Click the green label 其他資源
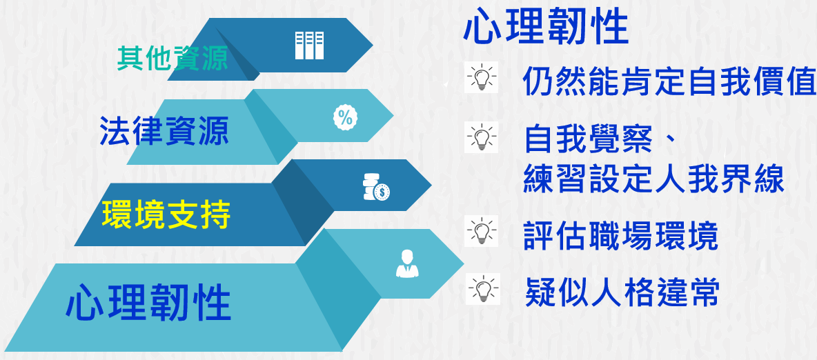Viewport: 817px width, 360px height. point(173,59)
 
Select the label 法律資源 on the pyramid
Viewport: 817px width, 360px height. point(164,130)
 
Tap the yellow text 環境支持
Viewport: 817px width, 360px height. point(166,214)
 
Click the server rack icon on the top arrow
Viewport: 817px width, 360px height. point(310,46)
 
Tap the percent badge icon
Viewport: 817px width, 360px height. point(346,117)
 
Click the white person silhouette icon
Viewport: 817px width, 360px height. point(407,263)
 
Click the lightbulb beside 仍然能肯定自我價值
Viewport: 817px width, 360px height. point(481,78)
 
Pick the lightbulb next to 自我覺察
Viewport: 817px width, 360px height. point(481,137)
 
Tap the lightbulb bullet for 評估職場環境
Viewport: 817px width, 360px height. point(481,231)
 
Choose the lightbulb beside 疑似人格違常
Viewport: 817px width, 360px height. point(483,289)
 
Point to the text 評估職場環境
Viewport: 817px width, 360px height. point(621,237)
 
